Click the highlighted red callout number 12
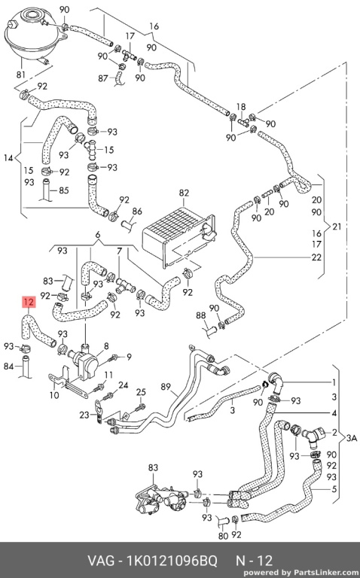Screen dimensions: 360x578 click(x=29, y=303)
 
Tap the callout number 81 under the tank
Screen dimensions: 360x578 click(x=21, y=74)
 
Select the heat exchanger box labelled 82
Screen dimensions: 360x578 click(x=178, y=235)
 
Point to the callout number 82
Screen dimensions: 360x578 click(x=184, y=193)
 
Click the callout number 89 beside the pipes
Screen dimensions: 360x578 click(x=166, y=387)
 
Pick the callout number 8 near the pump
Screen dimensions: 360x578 click(x=106, y=346)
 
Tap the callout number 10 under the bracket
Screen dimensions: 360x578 click(x=54, y=395)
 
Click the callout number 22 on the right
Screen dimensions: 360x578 click(x=316, y=257)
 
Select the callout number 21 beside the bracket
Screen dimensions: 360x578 click(x=337, y=227)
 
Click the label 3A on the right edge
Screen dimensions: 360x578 click(x=352, y=438)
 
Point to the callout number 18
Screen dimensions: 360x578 click(x=241, y=107)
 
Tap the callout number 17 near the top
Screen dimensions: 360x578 click(x=130, y=36)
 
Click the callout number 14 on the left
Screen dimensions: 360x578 click(x=8, y=158)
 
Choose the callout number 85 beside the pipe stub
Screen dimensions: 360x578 click(x=64, y=190)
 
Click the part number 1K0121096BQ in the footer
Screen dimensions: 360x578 click(x=172, y=561)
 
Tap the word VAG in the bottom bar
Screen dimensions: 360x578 click(x=100, y=561)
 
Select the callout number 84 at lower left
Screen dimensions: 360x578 click(x=9, y=366)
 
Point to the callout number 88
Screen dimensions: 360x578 click(x=200, y=315)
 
